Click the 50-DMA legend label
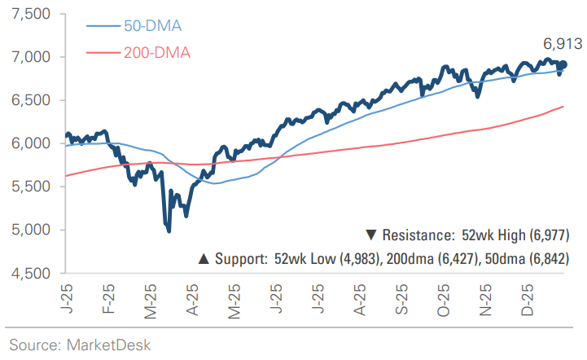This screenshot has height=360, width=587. click(151, 26)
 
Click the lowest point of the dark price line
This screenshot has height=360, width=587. click(169, 231)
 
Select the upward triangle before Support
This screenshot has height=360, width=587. click(204, 259)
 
